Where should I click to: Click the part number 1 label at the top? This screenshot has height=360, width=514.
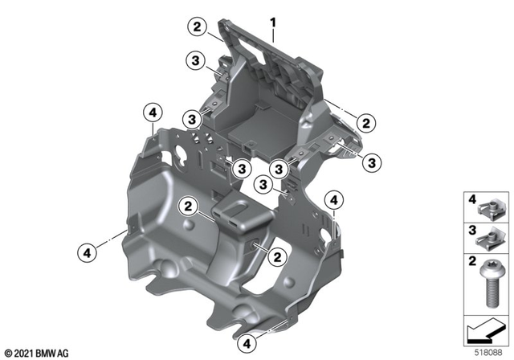273,14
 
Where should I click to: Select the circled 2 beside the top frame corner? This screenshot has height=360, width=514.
195,27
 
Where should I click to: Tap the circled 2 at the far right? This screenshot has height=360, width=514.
365,123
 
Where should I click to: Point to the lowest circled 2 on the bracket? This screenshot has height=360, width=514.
275,257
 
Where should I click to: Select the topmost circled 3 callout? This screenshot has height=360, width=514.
195,61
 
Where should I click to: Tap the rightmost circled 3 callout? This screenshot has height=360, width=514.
372,162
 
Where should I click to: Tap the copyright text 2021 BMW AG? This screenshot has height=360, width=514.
36,353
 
